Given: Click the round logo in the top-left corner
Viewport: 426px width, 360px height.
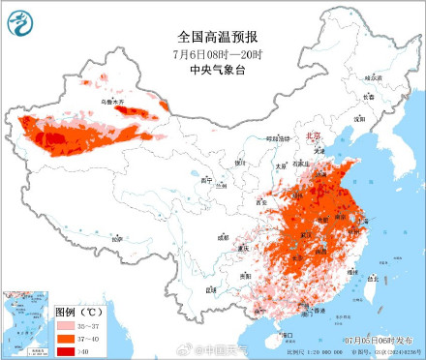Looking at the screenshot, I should point(20,21).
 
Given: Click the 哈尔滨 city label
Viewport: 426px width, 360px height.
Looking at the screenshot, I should point(372,77).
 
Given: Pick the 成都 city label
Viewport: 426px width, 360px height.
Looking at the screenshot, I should point(224,235).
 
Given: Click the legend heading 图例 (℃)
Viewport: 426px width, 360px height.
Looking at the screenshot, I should point(79,313).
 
